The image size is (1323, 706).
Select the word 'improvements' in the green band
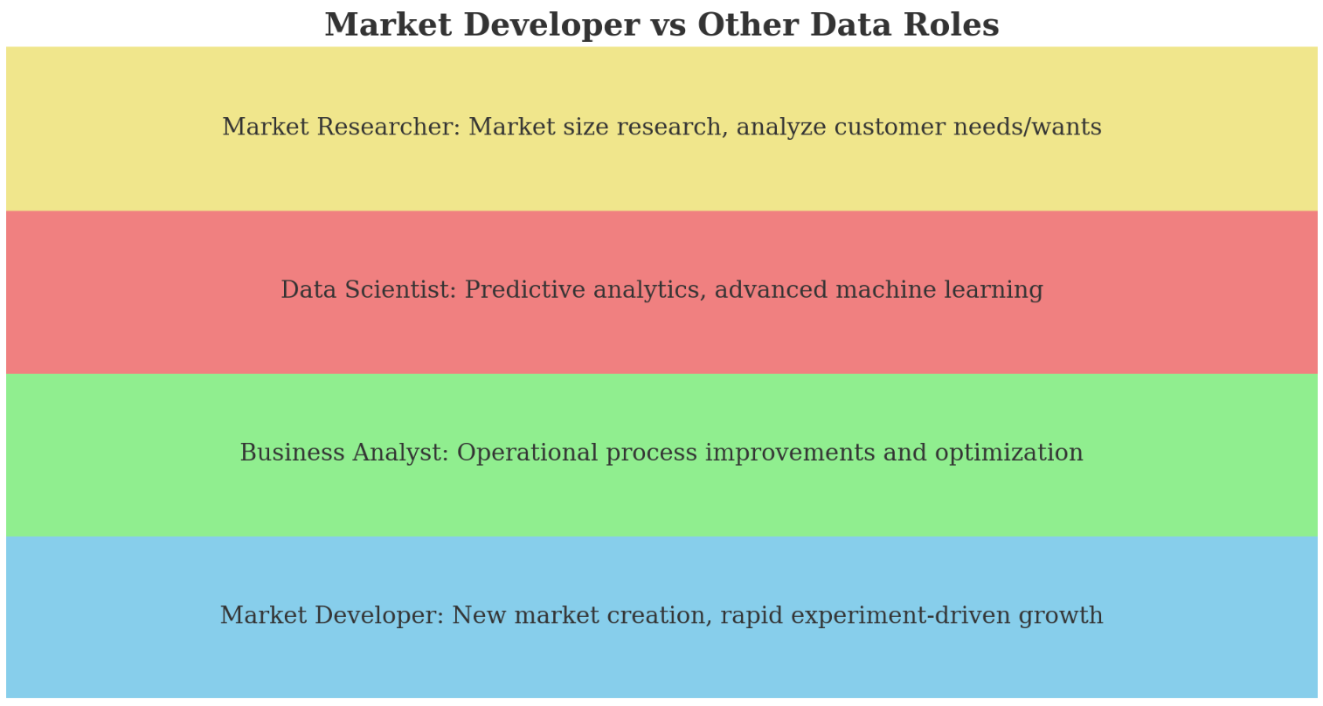coord(793,453)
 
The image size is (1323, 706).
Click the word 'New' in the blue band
coord(476,616)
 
